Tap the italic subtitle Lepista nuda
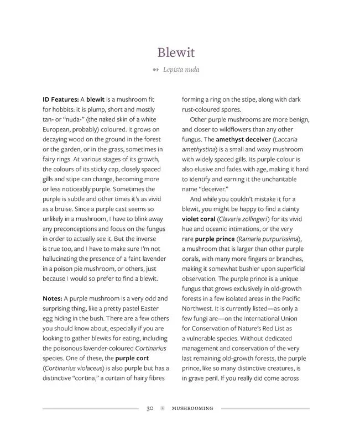[x=181, y=70]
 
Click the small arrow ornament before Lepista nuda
[x=155, y=70]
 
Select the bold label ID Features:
[x=60, y=99]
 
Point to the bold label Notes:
[x=52, y=298]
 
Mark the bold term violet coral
[x=202, y=219]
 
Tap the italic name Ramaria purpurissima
[x=283, y=239]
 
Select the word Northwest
[x=201, y=308]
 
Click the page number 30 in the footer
[x=150, y=409]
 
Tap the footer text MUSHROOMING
[x=192, y=409]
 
